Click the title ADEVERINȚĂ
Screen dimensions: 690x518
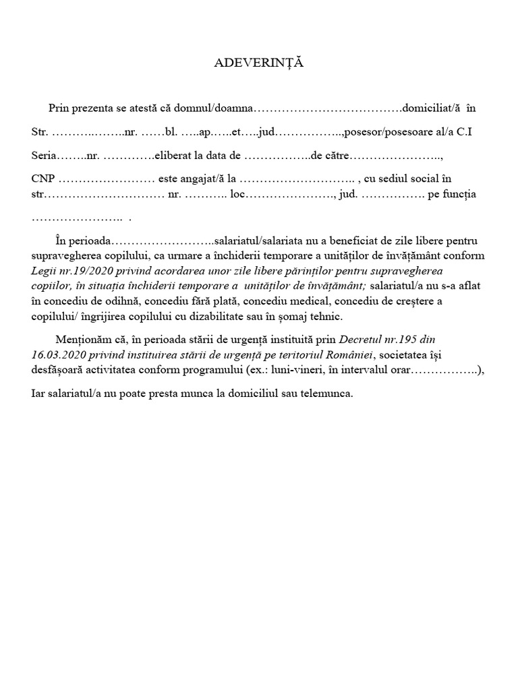pos(259,63)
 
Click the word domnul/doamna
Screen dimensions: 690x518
pos(219,108)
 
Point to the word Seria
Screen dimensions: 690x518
pos(44,156)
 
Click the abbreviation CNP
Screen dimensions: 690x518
pos(43,179)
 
